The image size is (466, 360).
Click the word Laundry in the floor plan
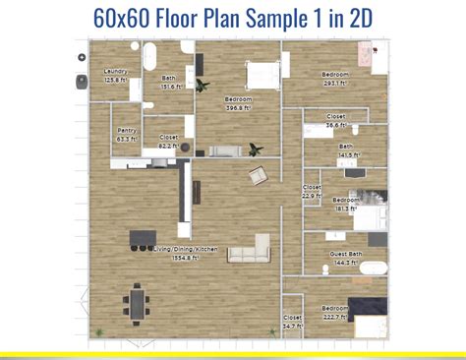tap(115, 72)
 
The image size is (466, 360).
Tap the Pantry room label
tap(127, 130)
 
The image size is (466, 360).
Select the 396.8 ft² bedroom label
tap(239, 99)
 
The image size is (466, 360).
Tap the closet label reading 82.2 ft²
tap(168, 138)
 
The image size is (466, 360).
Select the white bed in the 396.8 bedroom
tap(261, 73)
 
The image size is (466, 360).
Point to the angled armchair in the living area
tap(258, 176)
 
